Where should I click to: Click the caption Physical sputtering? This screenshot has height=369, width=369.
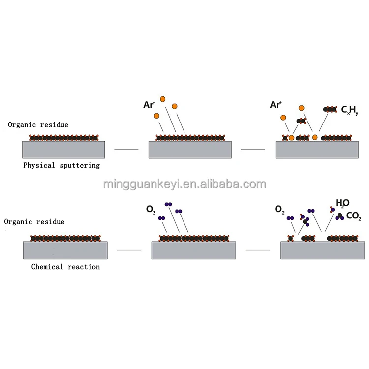pos(61,165)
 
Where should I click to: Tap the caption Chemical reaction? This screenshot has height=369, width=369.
pos(65,267)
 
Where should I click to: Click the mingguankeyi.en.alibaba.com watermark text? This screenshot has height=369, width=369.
pos(184,184)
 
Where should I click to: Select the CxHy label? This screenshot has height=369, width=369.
pos(350,111)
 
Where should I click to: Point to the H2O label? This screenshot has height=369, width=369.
pos(342,203)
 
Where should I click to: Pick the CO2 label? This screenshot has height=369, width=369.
pos(354,215)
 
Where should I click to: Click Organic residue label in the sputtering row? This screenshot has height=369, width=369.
pos(38,125)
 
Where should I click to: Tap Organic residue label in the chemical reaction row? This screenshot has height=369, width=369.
pos(34,222)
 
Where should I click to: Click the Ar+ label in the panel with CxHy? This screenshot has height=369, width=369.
pos(276,105)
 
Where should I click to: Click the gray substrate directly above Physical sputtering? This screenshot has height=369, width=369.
pos(63,149)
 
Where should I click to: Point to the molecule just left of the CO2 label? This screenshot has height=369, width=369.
pos(340,215)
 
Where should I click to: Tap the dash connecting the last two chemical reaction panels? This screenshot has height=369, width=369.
pos(257,250)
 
